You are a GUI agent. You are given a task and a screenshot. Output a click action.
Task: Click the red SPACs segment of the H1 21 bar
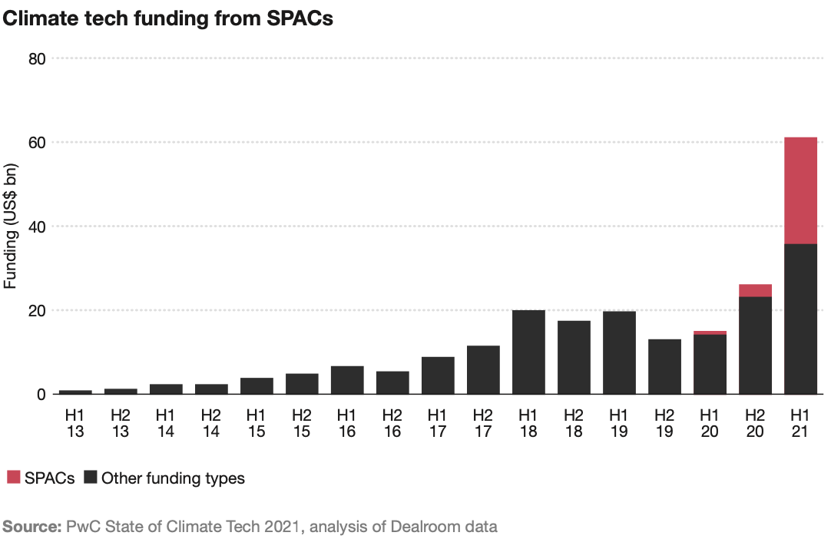(x=800, y=190)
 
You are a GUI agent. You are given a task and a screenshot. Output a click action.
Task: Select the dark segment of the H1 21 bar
(x=800, y=319)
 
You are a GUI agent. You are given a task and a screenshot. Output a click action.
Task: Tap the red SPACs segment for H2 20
(x=755, y=290)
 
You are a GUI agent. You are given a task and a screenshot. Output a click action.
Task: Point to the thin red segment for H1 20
(x=710, y=332)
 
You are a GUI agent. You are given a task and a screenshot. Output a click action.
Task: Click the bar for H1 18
(x=528, y=352)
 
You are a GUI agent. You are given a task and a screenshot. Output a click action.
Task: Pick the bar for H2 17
(x=483, y=369)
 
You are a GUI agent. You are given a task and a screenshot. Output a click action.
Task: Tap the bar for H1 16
(x=347, y=379)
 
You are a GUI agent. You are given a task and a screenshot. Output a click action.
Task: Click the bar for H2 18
(x=574, y=357)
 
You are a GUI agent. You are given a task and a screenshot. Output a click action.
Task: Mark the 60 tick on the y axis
(x=37, y=143)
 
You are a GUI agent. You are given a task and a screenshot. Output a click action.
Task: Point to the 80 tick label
(x=37, y=59)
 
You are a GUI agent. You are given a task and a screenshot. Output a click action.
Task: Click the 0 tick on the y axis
(x=41, y=394)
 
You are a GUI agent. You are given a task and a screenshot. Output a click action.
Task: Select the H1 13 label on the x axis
(x=75, y=423)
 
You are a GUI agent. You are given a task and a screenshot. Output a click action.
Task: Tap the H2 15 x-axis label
(x=302, y=423)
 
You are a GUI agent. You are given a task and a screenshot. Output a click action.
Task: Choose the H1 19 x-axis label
(x=619, y=423)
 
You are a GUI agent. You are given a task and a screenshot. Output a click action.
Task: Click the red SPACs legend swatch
(x=13, y=478)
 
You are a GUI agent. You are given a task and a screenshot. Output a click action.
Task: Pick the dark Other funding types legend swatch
(x=91, y=478)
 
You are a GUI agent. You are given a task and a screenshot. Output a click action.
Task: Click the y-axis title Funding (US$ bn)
(x=10, y=226)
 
